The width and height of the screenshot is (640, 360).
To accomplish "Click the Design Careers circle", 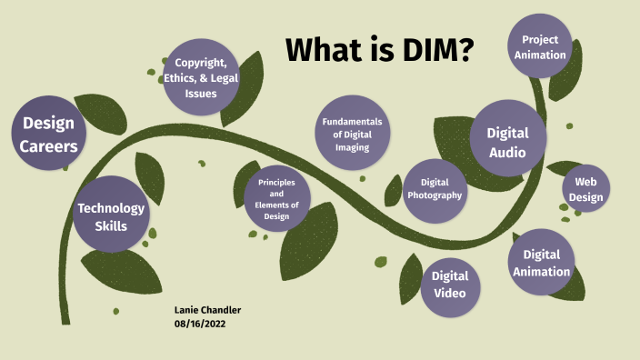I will pyautogui.click(x=49, y=134).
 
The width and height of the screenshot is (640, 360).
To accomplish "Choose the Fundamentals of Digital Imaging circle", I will pyautogui.click(x=352, y=134).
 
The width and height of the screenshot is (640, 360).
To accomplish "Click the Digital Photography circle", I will pyautogui.click(x=435, y=189).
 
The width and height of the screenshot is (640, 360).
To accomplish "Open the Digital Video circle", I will pyautogui.click(x=449, y=283).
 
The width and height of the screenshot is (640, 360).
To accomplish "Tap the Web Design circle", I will pyautogui.click(x=585, y=189).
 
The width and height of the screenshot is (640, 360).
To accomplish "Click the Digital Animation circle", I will pyautogui.click(x=541, y=262).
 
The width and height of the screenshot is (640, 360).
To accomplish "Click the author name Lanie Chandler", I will pyautogui.click(x=207, y=310).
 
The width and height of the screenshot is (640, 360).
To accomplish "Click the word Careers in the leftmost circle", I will pyautogui.click(x=49, y=145).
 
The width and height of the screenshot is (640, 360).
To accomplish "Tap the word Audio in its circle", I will pyautogui.click(x=507, y=152).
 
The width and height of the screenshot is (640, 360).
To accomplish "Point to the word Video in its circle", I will pyautogui.click(x=449, y=293).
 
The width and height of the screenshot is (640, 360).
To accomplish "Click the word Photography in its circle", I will pyautogui.click(x=435, y=195).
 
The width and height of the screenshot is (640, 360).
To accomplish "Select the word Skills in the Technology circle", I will pyautogui.click(x=111, y=225).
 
